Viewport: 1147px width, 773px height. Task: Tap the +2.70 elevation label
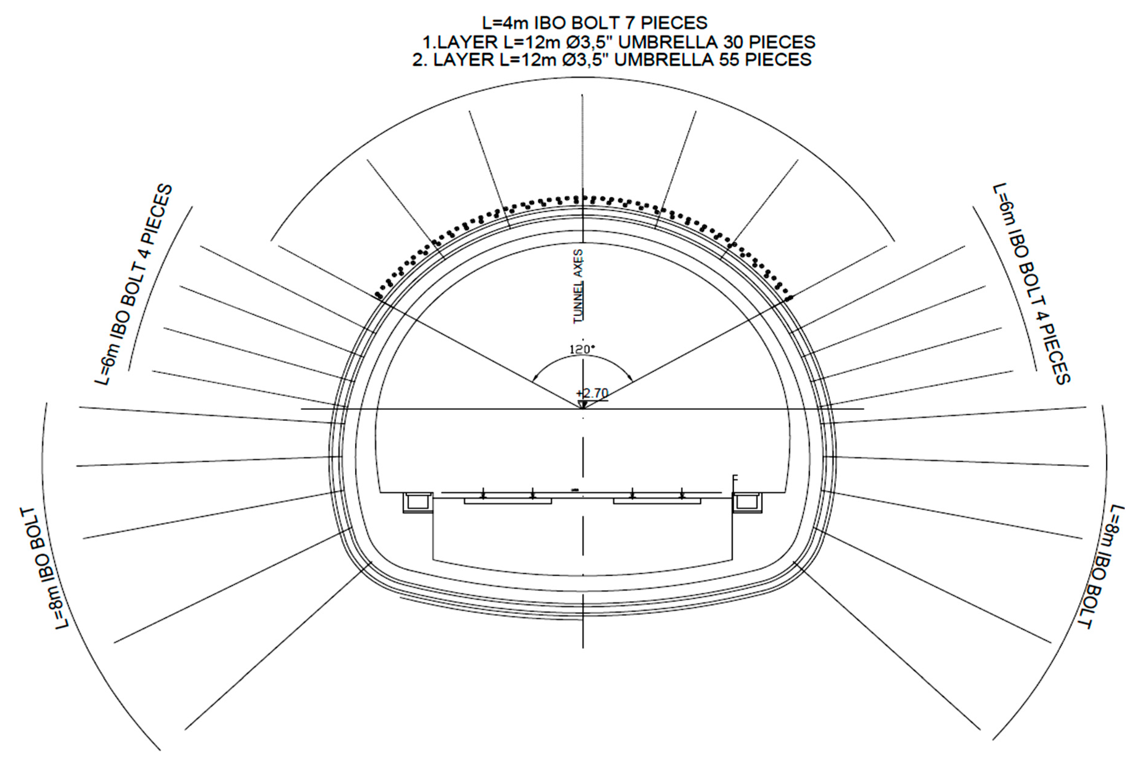592,393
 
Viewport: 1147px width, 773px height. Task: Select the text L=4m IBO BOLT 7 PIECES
595,23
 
